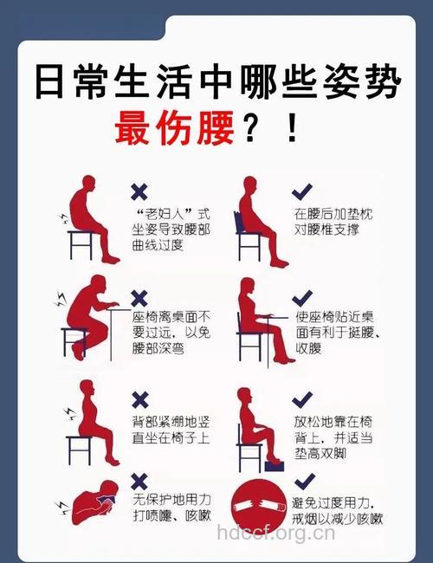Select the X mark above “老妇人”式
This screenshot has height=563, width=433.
pyautogui.click(x=139, y=192)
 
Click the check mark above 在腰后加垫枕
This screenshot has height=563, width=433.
pyautogui.click(x=301, y=191)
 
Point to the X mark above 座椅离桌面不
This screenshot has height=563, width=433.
pyautogui.click(x=139, y=297)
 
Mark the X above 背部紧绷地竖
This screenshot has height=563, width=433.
pyautogui.click(x=139, y=399)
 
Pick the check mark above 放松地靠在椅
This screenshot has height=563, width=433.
pyautogui.click(x=301, y=399)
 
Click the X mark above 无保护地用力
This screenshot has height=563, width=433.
pyautogui.click(x=139, y=479)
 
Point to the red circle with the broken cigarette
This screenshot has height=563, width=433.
pyautogui.click(x=258, y=508)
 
